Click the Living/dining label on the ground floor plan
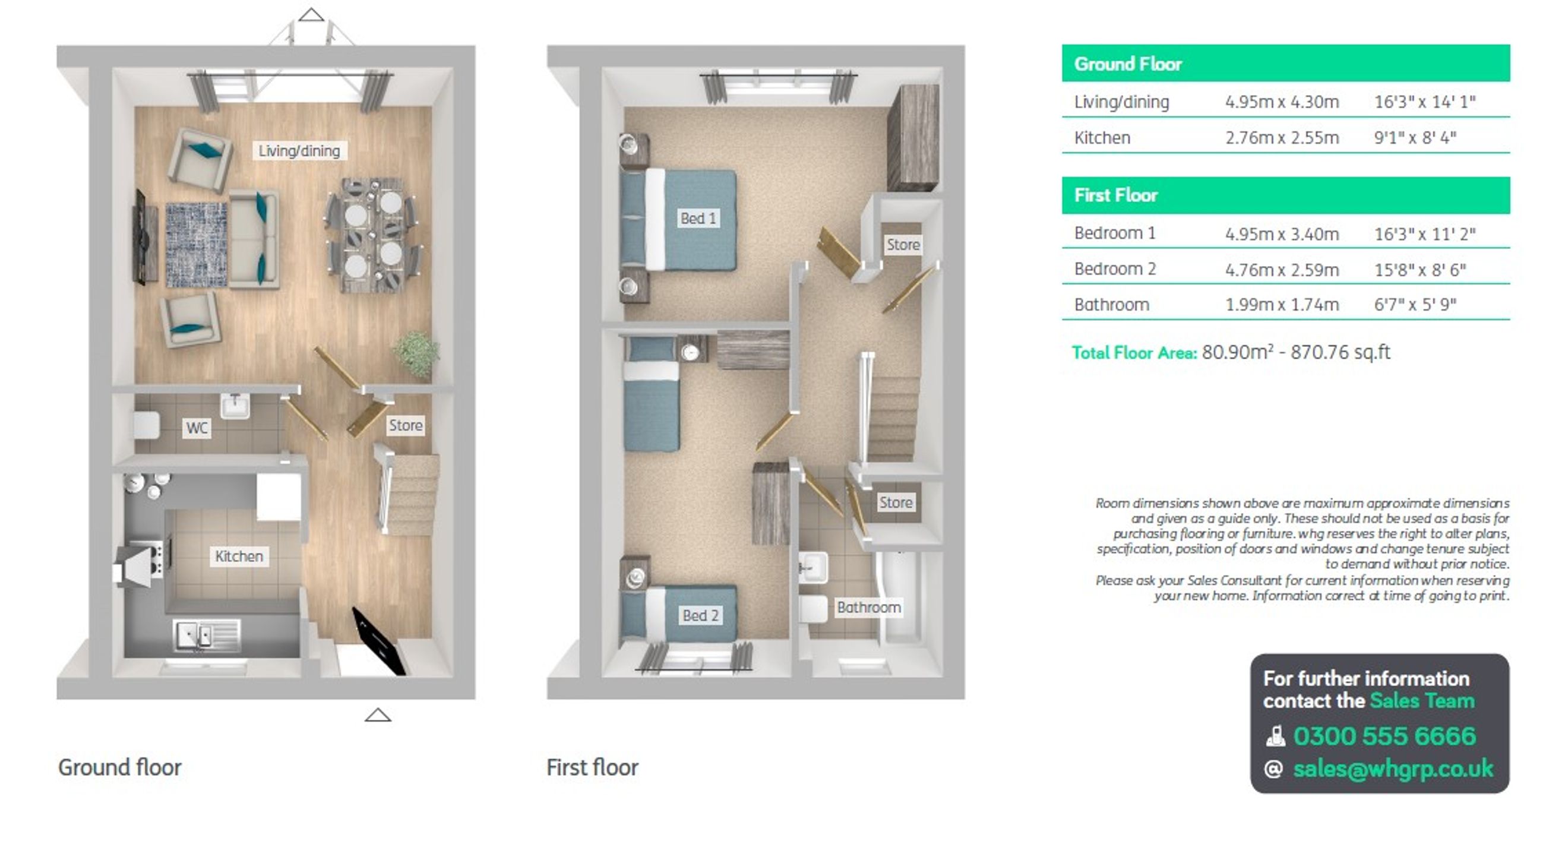click(x=299, y=150)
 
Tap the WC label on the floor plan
click(x=197, y=428)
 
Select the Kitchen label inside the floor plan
click(x=239, y=556)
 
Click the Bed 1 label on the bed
click(x=697, y=218)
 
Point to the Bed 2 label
click(x=701, y=615)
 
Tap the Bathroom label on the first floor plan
click(x=868, y=606)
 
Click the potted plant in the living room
click(x=417, y=352)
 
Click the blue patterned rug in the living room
click(x=197, y=245)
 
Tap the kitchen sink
click(x=207, y=636)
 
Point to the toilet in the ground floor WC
click(x=146, y=425)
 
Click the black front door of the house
click(x=378, y=641)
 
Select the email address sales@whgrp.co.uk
click(x=1393, y=769)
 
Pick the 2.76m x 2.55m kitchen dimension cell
click(x=1282, y=138)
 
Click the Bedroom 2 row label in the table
click(x=1114, y=268)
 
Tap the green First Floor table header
click(x=1285, y=195)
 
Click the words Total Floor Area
click(x=1134, y=352)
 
